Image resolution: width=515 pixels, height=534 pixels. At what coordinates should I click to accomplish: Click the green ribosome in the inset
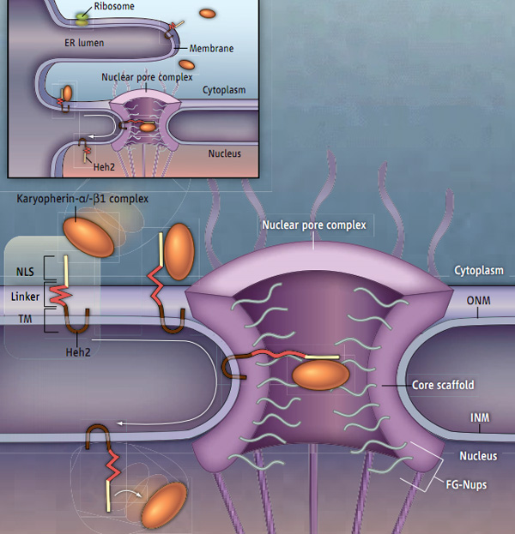coord(83,17)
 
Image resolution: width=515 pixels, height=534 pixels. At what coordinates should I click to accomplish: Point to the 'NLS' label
coord(27,272)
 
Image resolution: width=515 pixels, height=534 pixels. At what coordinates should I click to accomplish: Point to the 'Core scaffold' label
coord(442,387)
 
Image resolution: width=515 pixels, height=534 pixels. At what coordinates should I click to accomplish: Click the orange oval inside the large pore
coord(320,375)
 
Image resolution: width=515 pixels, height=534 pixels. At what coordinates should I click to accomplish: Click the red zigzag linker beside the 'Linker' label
coord(58,296)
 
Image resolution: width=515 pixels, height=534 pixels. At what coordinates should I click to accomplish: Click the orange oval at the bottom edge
coord(164,506)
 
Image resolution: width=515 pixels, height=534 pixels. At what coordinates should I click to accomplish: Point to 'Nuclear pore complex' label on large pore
coord(314,225)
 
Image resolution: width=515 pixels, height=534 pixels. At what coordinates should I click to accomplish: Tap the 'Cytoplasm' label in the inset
coord(224,89)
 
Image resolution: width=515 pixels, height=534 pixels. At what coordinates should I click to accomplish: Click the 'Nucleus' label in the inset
coord(225,153)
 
